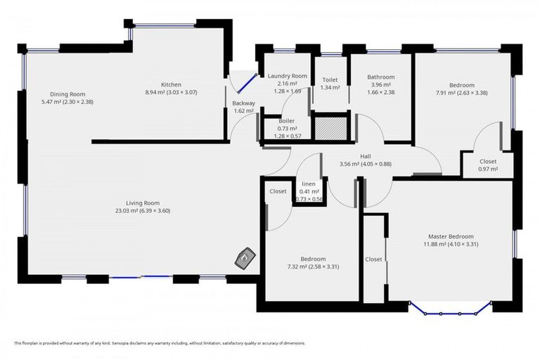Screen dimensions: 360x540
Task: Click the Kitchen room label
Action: pyautogui.click(x=172, y=84)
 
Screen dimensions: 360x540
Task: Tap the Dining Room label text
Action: pyautogui.click(x=67, y=94)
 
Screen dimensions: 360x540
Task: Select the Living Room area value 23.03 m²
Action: pyautogui.click(x=143, y=211)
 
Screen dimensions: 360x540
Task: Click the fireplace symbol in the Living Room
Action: pyautogui.click(x=243, y=259)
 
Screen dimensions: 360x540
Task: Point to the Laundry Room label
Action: pyautogui.click(x=287, y=76)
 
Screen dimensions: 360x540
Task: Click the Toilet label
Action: pyautogui.click(x=330, y=79)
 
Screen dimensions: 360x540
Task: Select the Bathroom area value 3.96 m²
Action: pyautogui.click(x=380, y=85)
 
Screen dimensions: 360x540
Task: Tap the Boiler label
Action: pyautogui.click(x=286, y=121)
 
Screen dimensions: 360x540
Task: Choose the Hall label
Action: pyautogui.click(x=365, y=156)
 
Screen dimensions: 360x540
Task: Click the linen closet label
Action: pyautogui.click(x=309, y=183)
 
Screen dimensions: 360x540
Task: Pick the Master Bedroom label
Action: pyautogui.click(x=451, y=236)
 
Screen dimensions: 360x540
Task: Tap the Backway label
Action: pyautogui.click(x=243, y=103)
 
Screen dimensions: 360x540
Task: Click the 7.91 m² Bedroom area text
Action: pyautogui.click(x=461, y=93)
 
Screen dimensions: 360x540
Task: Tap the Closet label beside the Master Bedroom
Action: pyautogui.click(x=373, y=259)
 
